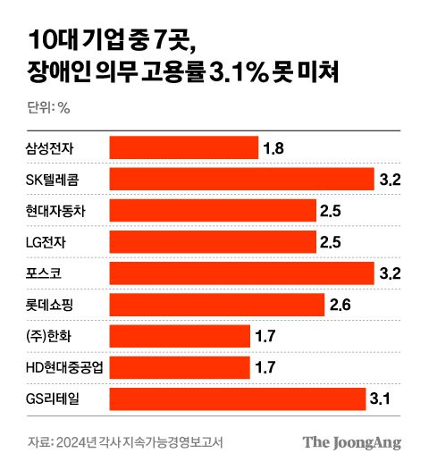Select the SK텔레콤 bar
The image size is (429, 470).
coord(241,179)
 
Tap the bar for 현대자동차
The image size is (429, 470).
coord(213,210)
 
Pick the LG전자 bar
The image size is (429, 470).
coord(213,241)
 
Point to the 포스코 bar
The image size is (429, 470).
coord(241,273)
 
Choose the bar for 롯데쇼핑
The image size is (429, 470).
coord(216,305)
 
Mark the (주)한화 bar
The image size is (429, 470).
coord(180,336)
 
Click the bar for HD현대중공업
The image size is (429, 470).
coord(180,367)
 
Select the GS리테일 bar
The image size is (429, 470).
coord(237,399)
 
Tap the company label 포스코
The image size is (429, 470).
coord(44,273)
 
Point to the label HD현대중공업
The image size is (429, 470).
coord(65,367)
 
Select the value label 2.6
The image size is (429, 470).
coord(341,305)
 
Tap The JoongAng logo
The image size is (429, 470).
coord(351,442)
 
